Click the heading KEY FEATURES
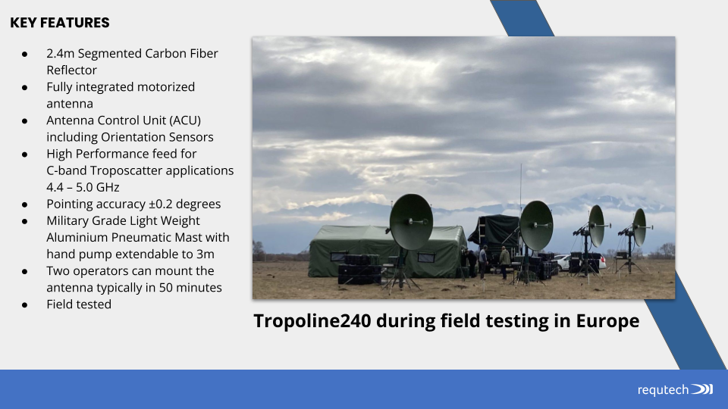(x=60, y=23)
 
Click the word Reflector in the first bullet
(x=71, y=70)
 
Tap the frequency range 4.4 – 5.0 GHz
(x=83, y=187)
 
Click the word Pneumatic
(x=141, y=237)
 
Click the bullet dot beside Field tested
(x=24, y=305)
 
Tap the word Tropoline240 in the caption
(x=312, y=321)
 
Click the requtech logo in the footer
(x=675, y=389)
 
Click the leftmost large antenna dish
(x=411, y=222)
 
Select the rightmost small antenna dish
(x=639, y=227)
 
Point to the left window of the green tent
(x=338, y=257)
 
